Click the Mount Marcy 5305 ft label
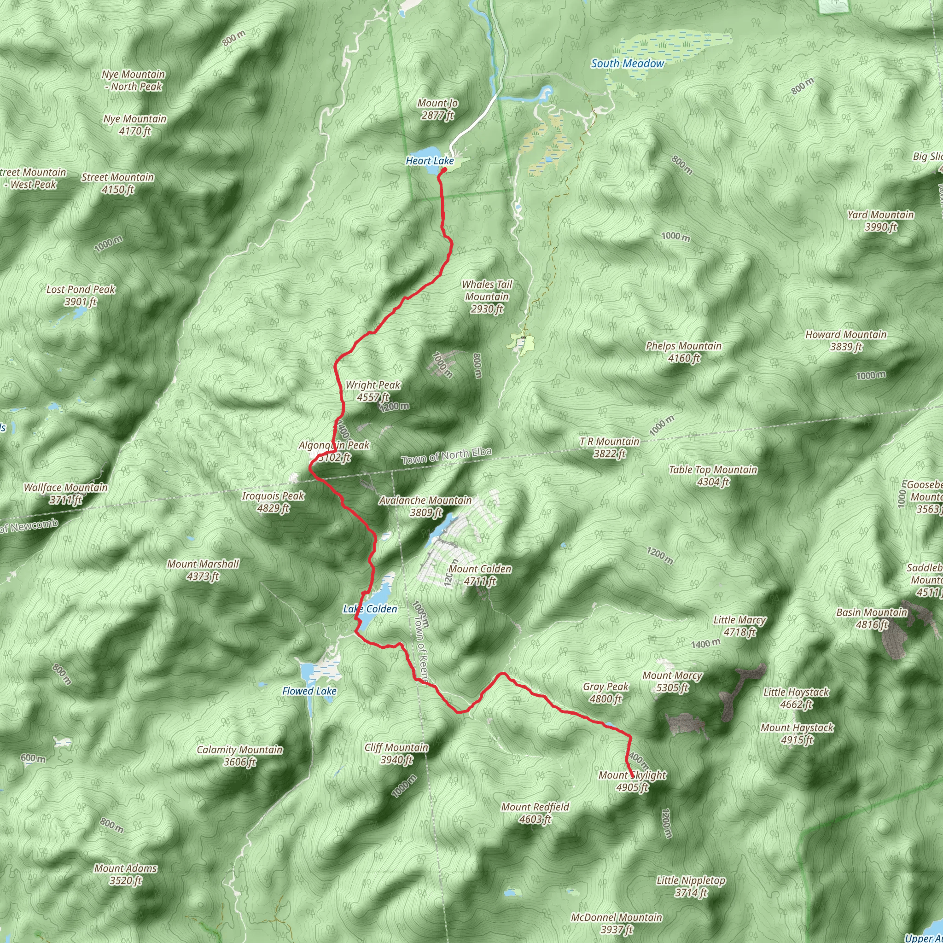pyautogui.click(x=672, y=682)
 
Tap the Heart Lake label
pyautogui.click(x=430, y=161)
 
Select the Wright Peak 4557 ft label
pyautogui.click(x=373, y=391)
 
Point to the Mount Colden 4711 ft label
pyautogui.click(x=480, y=575)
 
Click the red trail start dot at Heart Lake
pyautogui.click(x=445, y=170)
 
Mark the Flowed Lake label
pyautogui.click(x=309, y=691)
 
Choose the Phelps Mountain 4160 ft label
pyautogui.click(x=683, y=352)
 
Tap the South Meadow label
pyautogui.click(x=627, y=64)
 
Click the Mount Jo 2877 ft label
pyautogui.click(x=437, y=109)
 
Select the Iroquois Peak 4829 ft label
pyautogui.click(x=274, y=502)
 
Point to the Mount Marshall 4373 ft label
pyautogui.click(x=203, y=570)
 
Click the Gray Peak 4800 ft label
pyautogui.click(x=606, y=693)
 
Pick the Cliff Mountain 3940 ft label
pyautogui.click(x=396, y=754)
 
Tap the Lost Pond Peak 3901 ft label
pyautogui.click(x=81, y=295)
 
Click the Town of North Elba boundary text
pyautogui.click(x=446, y=456)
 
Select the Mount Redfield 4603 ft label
pyautogui.click(x=535, y=813)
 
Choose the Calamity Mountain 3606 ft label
pyautogui.click(x=239, y=756)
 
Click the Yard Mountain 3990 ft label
pyautogui.click(x=880, y=221)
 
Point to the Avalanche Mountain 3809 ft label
pyautogui.click(x=425, y=506)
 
